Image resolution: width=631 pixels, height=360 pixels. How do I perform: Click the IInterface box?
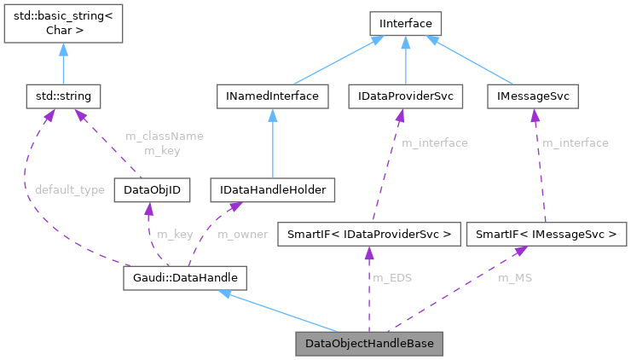click(405, 23)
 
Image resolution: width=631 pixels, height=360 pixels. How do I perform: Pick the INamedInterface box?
click(271, 96)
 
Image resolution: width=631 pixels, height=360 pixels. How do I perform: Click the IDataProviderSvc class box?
click(405, 96)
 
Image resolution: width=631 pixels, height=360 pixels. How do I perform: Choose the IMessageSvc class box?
click(533, 96)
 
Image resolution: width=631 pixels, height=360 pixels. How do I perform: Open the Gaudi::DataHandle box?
click(185, 277)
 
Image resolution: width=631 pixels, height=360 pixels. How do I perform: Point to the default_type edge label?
click(70, 189)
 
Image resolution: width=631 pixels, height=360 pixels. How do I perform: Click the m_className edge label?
click(165, 136)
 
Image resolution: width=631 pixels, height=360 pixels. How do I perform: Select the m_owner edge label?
click(242, 234)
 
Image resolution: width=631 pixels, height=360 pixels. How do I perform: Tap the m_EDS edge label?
click(392, 278)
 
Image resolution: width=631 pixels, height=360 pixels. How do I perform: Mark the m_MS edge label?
click(513, 278)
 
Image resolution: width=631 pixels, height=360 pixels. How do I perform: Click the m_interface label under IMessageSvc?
click(576, 143)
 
